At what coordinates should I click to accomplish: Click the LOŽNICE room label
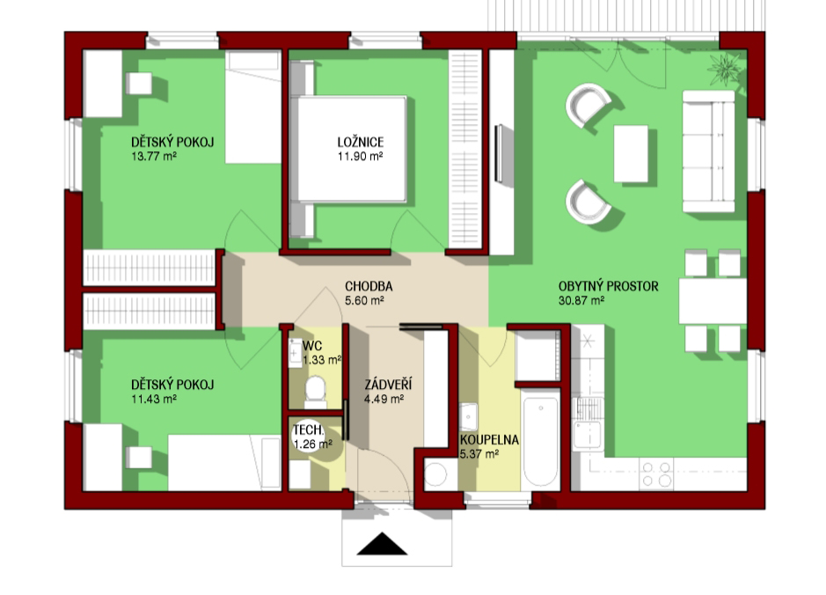click(x=361, y=142)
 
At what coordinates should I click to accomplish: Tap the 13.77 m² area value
click(x=154, y=156)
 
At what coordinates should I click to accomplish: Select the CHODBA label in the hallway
click(x=369, y=286)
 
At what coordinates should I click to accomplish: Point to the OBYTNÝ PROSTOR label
click(x=609, y=286)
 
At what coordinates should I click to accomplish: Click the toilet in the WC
click(x=316, y=392)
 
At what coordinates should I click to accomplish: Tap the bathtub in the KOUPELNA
click(x=540, y=443)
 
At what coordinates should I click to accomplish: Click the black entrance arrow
click(x=382, y=544)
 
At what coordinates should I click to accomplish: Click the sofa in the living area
click(x=708, y=151)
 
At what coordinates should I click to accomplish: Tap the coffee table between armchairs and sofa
click(x=631, y=153)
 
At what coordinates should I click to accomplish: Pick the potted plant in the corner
click(x=726, y=69)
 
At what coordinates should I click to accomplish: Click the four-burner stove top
click(x=657, y=474)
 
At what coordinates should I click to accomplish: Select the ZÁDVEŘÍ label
click(x=388, y=384)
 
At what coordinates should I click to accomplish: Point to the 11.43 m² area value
click(x=154, y=399)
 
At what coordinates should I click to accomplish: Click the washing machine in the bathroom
click(x=436, y=474)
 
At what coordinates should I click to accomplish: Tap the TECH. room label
click(x=308, y=430)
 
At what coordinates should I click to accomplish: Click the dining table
click(x=713, y=301)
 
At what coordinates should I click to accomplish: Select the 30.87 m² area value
click(x=581, y=300)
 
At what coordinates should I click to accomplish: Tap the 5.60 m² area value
click(x=364, y=300)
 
